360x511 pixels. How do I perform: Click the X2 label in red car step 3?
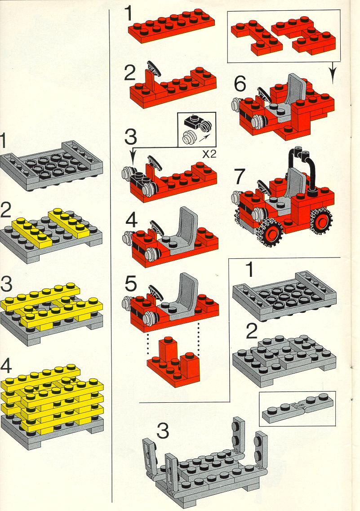point(209,154)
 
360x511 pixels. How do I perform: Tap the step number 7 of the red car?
point(240,177)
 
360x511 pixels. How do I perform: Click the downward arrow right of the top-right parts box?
point(332,72)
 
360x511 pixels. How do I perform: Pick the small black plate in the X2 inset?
point(192,122)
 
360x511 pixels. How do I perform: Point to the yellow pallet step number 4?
point(6,366)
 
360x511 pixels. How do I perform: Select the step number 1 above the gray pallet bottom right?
point(249,270)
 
